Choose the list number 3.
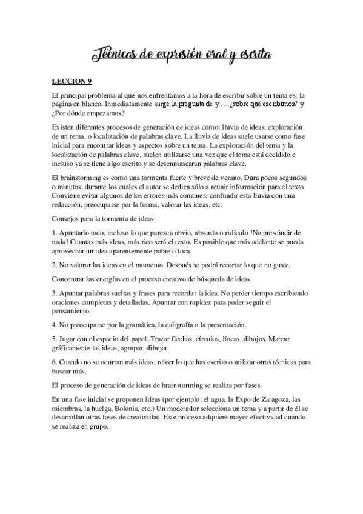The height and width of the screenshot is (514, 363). tap(54, 293)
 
